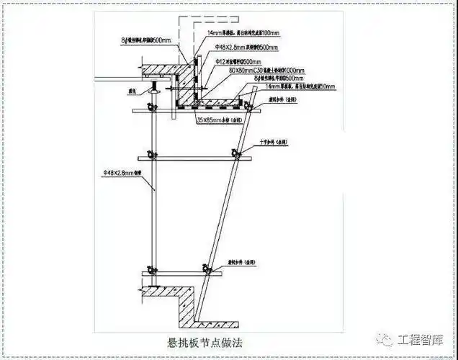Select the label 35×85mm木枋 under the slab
pyautogui.click(x=220, y=120)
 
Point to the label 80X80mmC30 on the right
pyautogui.click(x=256, y=71)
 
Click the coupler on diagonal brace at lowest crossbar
pyautogui.click(x=209, y=271)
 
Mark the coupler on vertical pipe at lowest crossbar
pyautogui.click(x=151, y=271)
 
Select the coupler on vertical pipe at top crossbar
pyautogui.click(x=152, y=108)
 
